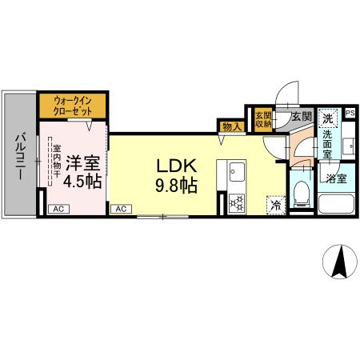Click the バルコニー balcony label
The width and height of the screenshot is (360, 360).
click(20, 157)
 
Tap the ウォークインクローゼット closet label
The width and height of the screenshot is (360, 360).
click(73, 106)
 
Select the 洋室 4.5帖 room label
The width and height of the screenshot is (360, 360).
click(82, 172)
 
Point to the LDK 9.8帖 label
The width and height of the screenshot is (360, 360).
click(176, 175)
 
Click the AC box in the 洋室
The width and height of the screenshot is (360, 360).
click(58, 209)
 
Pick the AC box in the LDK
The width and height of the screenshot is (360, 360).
click(121, 209)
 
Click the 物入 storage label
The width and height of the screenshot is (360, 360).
click(230, 127)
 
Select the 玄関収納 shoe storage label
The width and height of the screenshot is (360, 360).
click(263, 119)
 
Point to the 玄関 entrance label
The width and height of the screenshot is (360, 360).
click(302, 117)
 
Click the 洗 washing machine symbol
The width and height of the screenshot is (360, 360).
click(328, 118)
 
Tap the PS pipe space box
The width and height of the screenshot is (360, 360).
click(350, 113)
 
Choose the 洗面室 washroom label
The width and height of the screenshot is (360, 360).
click(327, 144)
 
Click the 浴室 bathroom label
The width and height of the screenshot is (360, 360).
click(336, 178)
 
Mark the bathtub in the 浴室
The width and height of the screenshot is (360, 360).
click(336, 203)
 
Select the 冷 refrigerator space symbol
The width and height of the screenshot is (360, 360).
click(276, 205)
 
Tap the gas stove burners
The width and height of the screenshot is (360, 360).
click(237, 203)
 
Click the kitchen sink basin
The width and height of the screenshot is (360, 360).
click(238, 172)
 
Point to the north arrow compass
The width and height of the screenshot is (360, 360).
click(340, 262)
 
